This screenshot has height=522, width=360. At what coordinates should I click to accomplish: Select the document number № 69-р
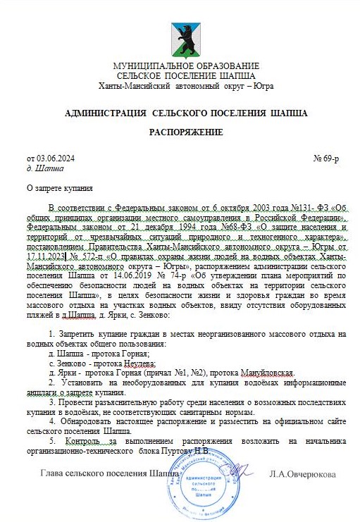(x=325, y=159)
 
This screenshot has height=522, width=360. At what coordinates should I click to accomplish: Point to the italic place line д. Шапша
(x=44, y=169)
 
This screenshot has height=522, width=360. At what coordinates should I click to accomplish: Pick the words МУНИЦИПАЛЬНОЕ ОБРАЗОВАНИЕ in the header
(x=186, y=66)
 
